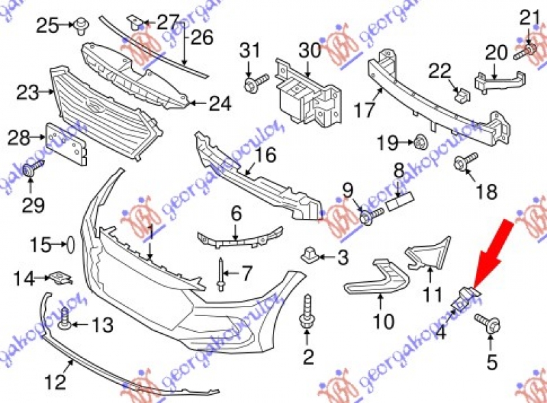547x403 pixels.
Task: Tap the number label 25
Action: (48, 26)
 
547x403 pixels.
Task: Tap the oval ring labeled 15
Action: (69, 243)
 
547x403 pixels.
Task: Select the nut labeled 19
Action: (420, 143)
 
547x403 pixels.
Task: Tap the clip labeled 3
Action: (310, 257)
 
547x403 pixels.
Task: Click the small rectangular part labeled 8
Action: (398, 201)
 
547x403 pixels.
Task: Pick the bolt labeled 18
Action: (462, 162)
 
